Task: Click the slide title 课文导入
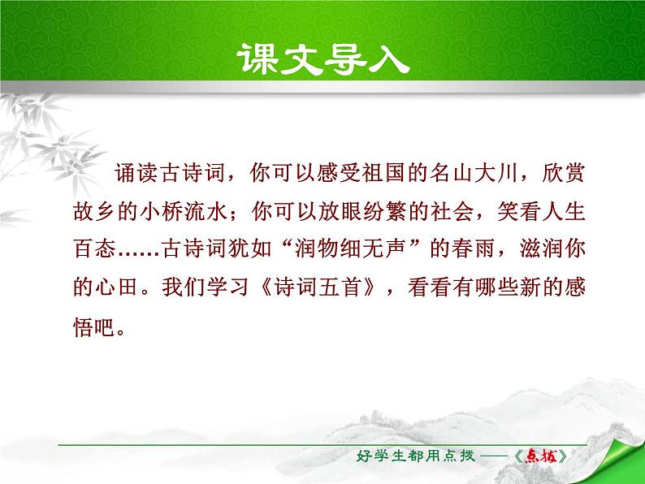click(322, 59)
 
